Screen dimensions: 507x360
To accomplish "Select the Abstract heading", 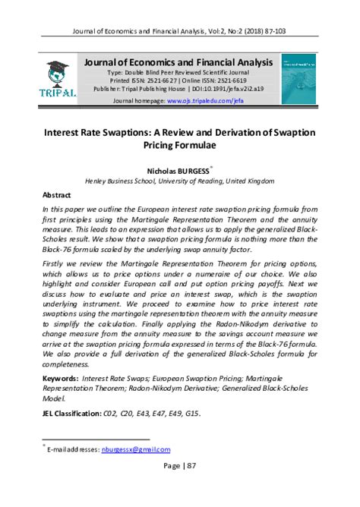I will pyautogui.click(x=56, y=194).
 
